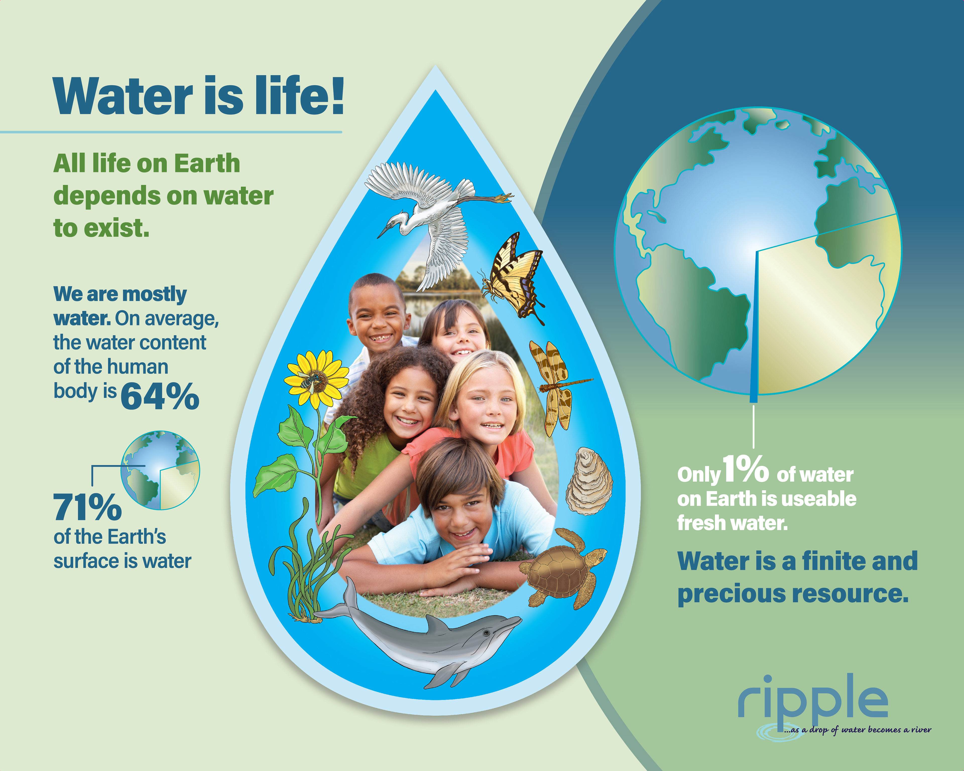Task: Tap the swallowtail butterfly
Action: tap(514, 277)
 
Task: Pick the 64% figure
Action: tap(160, 396)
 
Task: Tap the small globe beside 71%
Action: tap(160, 470)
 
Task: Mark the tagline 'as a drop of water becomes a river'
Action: tap(857, 730)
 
